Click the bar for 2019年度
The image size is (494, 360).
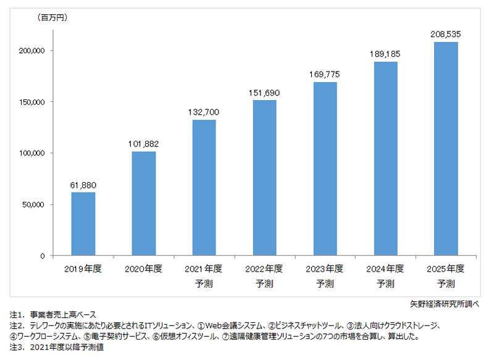click(83, 224)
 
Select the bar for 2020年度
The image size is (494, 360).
click(144, 203)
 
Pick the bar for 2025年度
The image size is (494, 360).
click(446, 149)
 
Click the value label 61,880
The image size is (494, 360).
click(83, 185)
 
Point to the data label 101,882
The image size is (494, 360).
click(144, 144)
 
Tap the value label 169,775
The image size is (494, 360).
click(325, 74)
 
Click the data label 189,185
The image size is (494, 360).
click(385, 54)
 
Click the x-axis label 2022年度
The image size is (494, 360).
click(265, 269)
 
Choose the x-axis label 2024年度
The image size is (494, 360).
click(385, 269)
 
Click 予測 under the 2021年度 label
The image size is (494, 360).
click(204, 284)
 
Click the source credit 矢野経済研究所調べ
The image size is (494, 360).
click(444, 303)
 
